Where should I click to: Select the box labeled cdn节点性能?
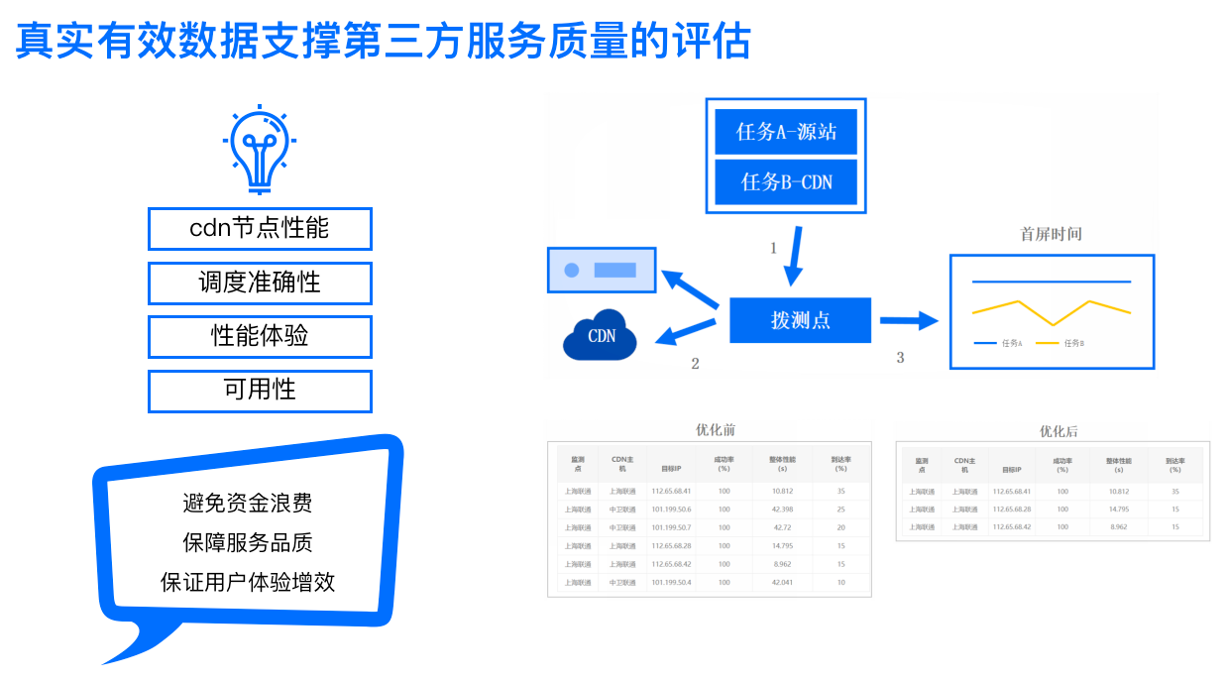[x=260, y=229]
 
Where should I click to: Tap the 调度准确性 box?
[x=260, y=283]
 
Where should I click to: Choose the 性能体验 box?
[x=260, y=336]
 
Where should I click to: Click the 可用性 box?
[x=260, y=391]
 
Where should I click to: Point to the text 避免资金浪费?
[x=248, y=504]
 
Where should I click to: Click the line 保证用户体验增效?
[x=248, y=582]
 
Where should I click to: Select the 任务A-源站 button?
[x=786, y=132]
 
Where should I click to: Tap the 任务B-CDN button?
[x=786, y=182]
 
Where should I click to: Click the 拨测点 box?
[x=800, y=320]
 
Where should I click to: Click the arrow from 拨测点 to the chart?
[x=908, y=320]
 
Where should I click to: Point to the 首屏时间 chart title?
[x=1051, y=235]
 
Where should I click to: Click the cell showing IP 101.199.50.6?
[x=671, y=510]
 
